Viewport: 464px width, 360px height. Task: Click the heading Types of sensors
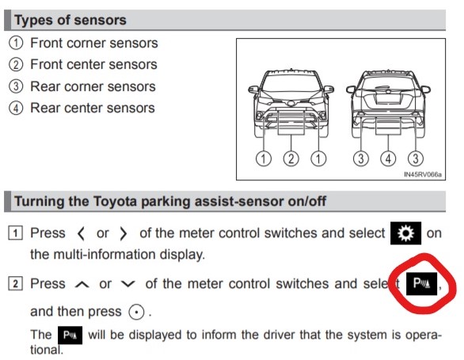tap(70, 20)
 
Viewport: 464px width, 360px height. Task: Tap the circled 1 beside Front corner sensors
tap(16, 43)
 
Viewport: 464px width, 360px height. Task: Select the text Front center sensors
tap(93, 65)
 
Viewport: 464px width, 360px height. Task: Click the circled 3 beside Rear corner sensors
tap(16, 86)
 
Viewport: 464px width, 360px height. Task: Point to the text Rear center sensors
tap(93, 108)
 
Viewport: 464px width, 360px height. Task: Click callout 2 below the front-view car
tap(291, 158)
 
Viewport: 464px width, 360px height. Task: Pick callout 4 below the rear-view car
tap(388, 158)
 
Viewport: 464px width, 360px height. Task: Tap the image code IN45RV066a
tap(423, 175)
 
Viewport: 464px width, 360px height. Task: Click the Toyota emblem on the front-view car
tap(291, 103)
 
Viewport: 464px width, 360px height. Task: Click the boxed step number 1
tap(15, 233)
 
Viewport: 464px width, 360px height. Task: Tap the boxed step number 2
tap(15, 284)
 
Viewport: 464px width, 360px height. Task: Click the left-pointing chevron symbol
tap(81, 233)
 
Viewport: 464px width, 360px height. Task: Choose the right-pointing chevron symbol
tap(123, 233)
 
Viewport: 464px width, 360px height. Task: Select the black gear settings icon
tap(405, 233)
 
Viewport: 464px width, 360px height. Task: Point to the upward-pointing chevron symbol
tap(82, 284)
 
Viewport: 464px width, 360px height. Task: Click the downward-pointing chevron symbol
tap(128, 284)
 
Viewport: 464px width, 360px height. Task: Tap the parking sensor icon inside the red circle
tap(421, 284)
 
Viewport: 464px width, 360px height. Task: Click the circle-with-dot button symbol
tap(136, 312)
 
